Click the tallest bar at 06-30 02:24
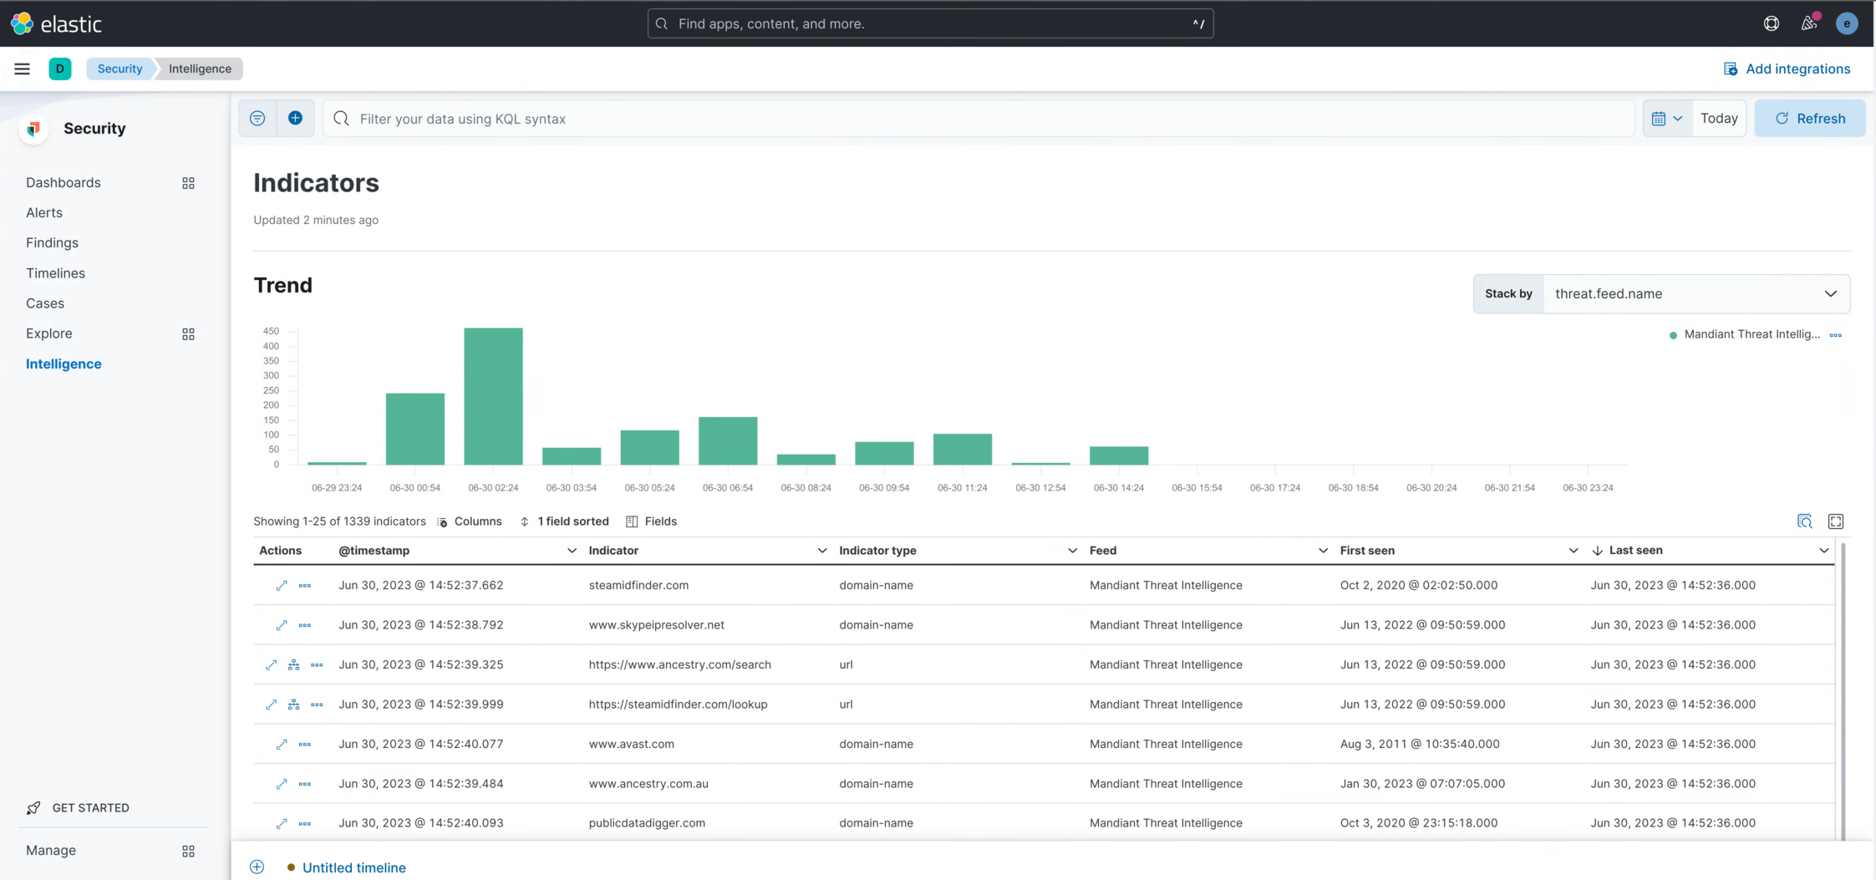[x=493, y=396]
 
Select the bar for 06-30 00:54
[x=414, y=429]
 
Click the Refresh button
[x=1810, y=119]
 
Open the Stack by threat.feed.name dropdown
[x=1696, y=294]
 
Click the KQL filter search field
[x=978, y=119]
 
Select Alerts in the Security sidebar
[x=44, y=212]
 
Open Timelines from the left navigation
[x=55, y=273]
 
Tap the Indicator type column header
[x=877, y=551]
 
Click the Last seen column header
[x=1635, y=551]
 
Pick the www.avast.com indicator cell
[x=631, y=744]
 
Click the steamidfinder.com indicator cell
[x=638, y=585]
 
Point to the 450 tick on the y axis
[x=271, y=331]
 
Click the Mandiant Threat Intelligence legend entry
[x=1751, y=334]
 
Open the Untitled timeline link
[x=353, y=867]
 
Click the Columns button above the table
[x=470, y=521]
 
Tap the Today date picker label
[x=1719, y=119]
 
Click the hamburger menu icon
[x=23, y=69]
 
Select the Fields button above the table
[x=652, y=521]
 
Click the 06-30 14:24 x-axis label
[x=1118, y=488]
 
